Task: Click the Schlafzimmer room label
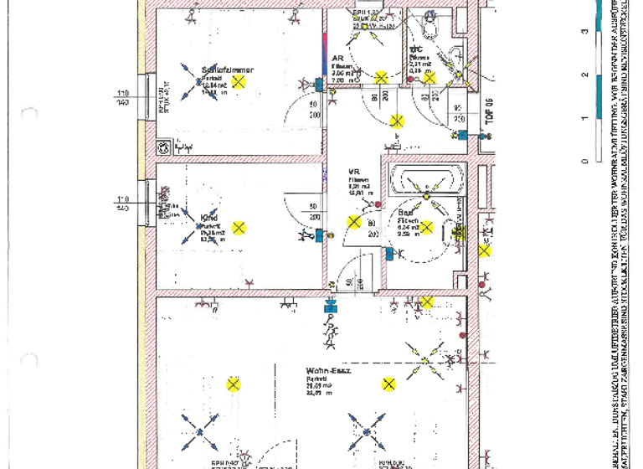(x=227, y=70)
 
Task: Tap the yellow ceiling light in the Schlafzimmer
(x=239, y=81)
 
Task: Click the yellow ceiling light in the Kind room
(x=239, y=227)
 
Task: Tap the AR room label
(x=338, y=59)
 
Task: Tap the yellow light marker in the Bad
(x=426, y=227)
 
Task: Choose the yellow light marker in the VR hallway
(x=354, y=223)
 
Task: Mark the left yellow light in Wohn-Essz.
(x=234, y=384)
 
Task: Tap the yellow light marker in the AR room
(x=381, y=78)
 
